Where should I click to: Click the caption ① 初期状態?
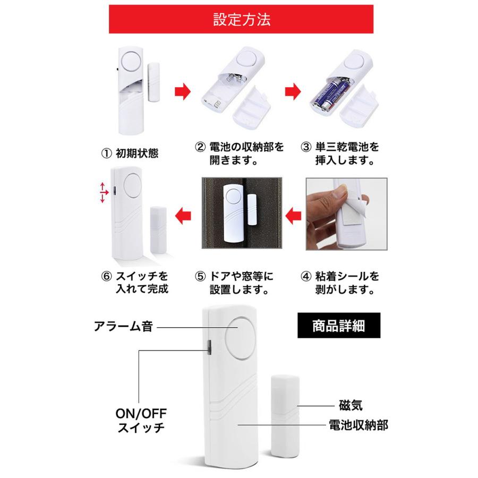pyautogui.click(x=130, y=153)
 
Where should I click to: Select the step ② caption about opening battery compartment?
pyautogui.click(x=234, y=153)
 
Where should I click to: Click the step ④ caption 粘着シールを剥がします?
pyautogui.click(x=340, y=283)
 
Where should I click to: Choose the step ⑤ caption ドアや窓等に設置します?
pyautogui.click(x=234, y=283)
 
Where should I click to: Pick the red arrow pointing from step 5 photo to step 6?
pyautogui.click(x=183, y=215)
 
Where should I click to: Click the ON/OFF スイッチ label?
pyautogui.click(x=141, y=420)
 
